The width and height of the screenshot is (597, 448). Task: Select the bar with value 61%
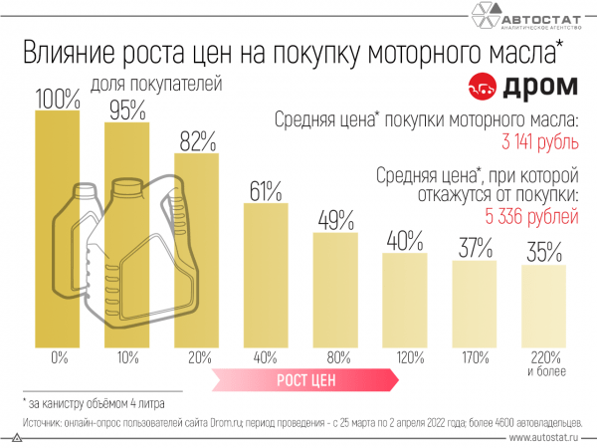coord(266,274)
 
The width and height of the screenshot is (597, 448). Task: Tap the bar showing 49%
coord(335,289)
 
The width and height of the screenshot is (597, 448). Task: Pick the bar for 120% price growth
coord(405,300)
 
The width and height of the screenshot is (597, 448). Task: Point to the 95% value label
coord(127,110)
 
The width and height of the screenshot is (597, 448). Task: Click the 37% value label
coord(475,248)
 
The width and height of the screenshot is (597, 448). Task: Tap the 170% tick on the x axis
coord(475,356)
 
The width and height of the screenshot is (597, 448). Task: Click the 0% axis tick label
coord(57,356)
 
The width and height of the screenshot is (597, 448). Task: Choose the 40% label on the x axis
coord(266,356)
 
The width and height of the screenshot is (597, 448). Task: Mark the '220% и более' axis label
coord(544,362)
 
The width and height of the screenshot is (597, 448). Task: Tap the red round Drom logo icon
coord(483,86)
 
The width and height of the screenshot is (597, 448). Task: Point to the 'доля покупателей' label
coord(155,85)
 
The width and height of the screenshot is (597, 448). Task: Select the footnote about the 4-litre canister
coord(95,404)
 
